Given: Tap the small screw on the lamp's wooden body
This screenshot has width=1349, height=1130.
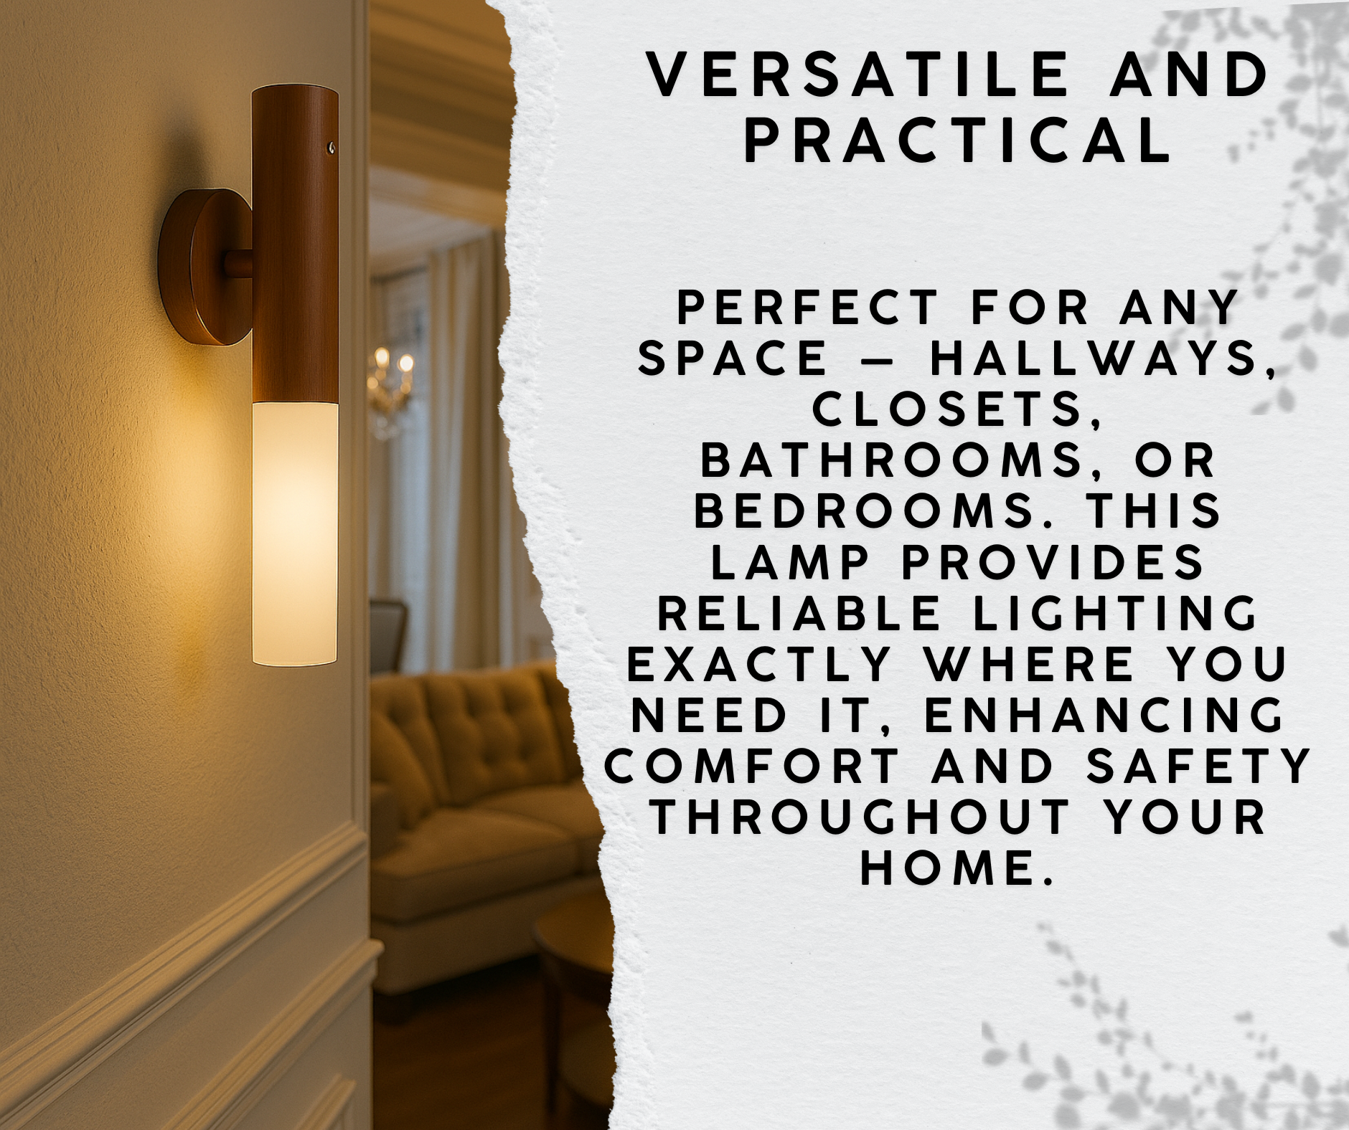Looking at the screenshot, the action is (x=331, y=148).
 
